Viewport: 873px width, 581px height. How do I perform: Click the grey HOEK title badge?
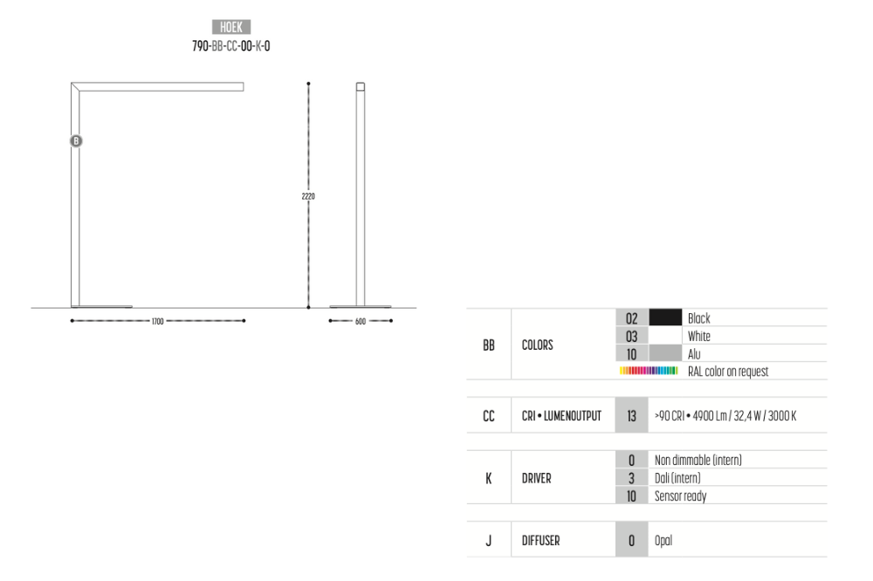(x=231, y=27)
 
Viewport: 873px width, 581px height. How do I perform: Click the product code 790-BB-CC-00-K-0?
(x=231, y=46)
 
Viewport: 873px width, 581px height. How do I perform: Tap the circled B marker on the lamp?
(x=76, y=140)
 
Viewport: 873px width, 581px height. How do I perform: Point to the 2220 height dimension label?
(x=308, y=196)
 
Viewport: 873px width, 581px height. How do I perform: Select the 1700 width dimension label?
(x=157, y=321)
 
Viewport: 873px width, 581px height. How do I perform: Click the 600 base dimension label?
(x=361, y=321)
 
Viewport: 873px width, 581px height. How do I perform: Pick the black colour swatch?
(x=665, y=318)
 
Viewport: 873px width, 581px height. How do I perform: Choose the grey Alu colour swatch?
(x=665, y=353)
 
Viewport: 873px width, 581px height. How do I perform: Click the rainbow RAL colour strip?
(x=649, y=371)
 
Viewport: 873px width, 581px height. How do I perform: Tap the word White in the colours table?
(x=698, y=336)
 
